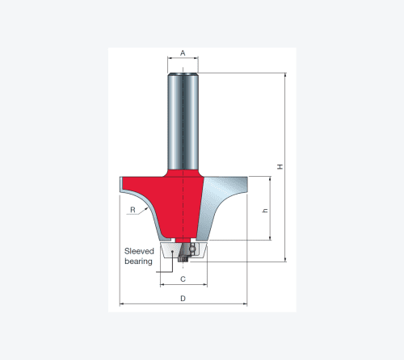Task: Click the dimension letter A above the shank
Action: (x=183, y=53)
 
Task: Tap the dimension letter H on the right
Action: (x=280, y=166)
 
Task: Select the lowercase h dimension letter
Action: (x=265, y=211)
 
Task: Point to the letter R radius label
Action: (x=133, y=210)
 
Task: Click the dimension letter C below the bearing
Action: (x=183, y=279)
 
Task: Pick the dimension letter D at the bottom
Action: (x=183, y=299)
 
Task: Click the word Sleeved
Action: (x=139, y=251)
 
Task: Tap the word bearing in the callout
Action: (x=138, y=262)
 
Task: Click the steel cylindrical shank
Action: (x=183, y=122)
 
